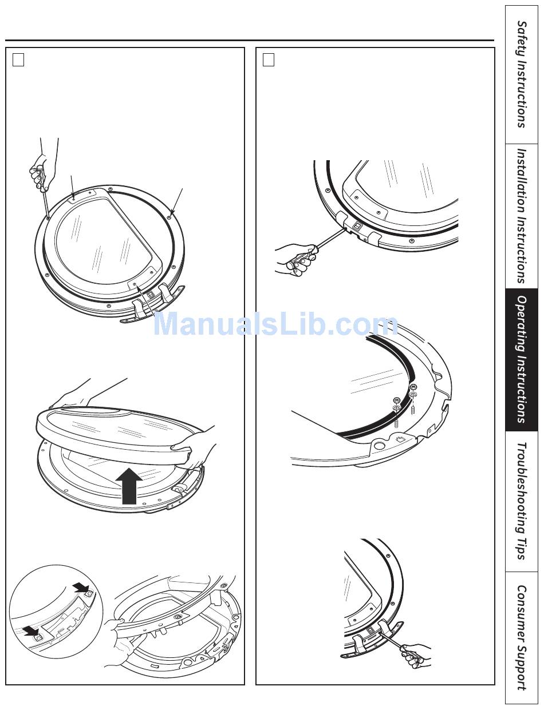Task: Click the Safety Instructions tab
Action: tap(522, 74)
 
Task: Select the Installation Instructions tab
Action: tap(522, 216)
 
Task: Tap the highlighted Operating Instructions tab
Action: tap(522, 360)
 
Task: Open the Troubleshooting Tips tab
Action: tap(522, 502)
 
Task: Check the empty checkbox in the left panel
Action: tap(18, 60)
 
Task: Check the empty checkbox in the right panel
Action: tap(269, 60)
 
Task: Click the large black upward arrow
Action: tap(129, 486)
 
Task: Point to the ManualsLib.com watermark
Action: tap(275, 324)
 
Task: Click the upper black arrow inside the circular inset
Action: tap(81, 589)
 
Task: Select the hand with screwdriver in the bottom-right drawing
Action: tap(416, 656)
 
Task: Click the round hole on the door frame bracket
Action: tap(380, 445)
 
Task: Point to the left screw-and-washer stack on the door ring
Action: tap(397, 413)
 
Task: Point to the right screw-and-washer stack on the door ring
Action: tap(413, 399)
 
